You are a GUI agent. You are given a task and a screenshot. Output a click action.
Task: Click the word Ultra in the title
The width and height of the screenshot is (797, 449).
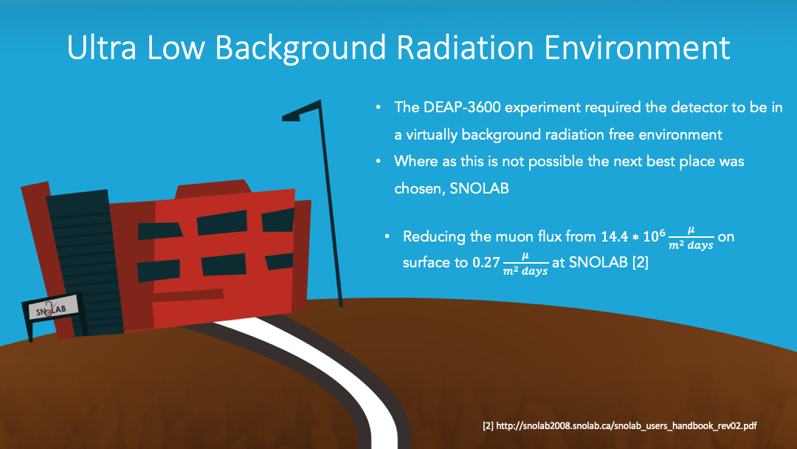(102, 48)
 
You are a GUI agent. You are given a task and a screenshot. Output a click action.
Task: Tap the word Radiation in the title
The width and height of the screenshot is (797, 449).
(465, 48)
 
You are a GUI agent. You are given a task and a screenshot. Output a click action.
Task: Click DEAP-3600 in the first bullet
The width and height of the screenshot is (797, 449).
(462, 107)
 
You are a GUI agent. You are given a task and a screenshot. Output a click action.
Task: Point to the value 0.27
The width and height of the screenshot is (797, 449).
(486, 262)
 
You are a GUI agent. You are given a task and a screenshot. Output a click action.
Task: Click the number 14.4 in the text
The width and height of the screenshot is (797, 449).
(615, 236)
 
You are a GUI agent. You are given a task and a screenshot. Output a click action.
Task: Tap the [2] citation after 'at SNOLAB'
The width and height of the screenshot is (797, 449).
(640, 262)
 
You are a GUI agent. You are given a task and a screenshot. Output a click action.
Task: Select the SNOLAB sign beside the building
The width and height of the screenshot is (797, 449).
(53, 308)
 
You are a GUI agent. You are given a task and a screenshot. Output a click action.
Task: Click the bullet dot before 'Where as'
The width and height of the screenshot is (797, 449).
(378, 162)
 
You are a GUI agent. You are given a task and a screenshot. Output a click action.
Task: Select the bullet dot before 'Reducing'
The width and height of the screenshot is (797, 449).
(387, 236)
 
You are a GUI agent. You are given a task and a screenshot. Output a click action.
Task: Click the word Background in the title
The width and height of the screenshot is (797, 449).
(300, 49)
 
